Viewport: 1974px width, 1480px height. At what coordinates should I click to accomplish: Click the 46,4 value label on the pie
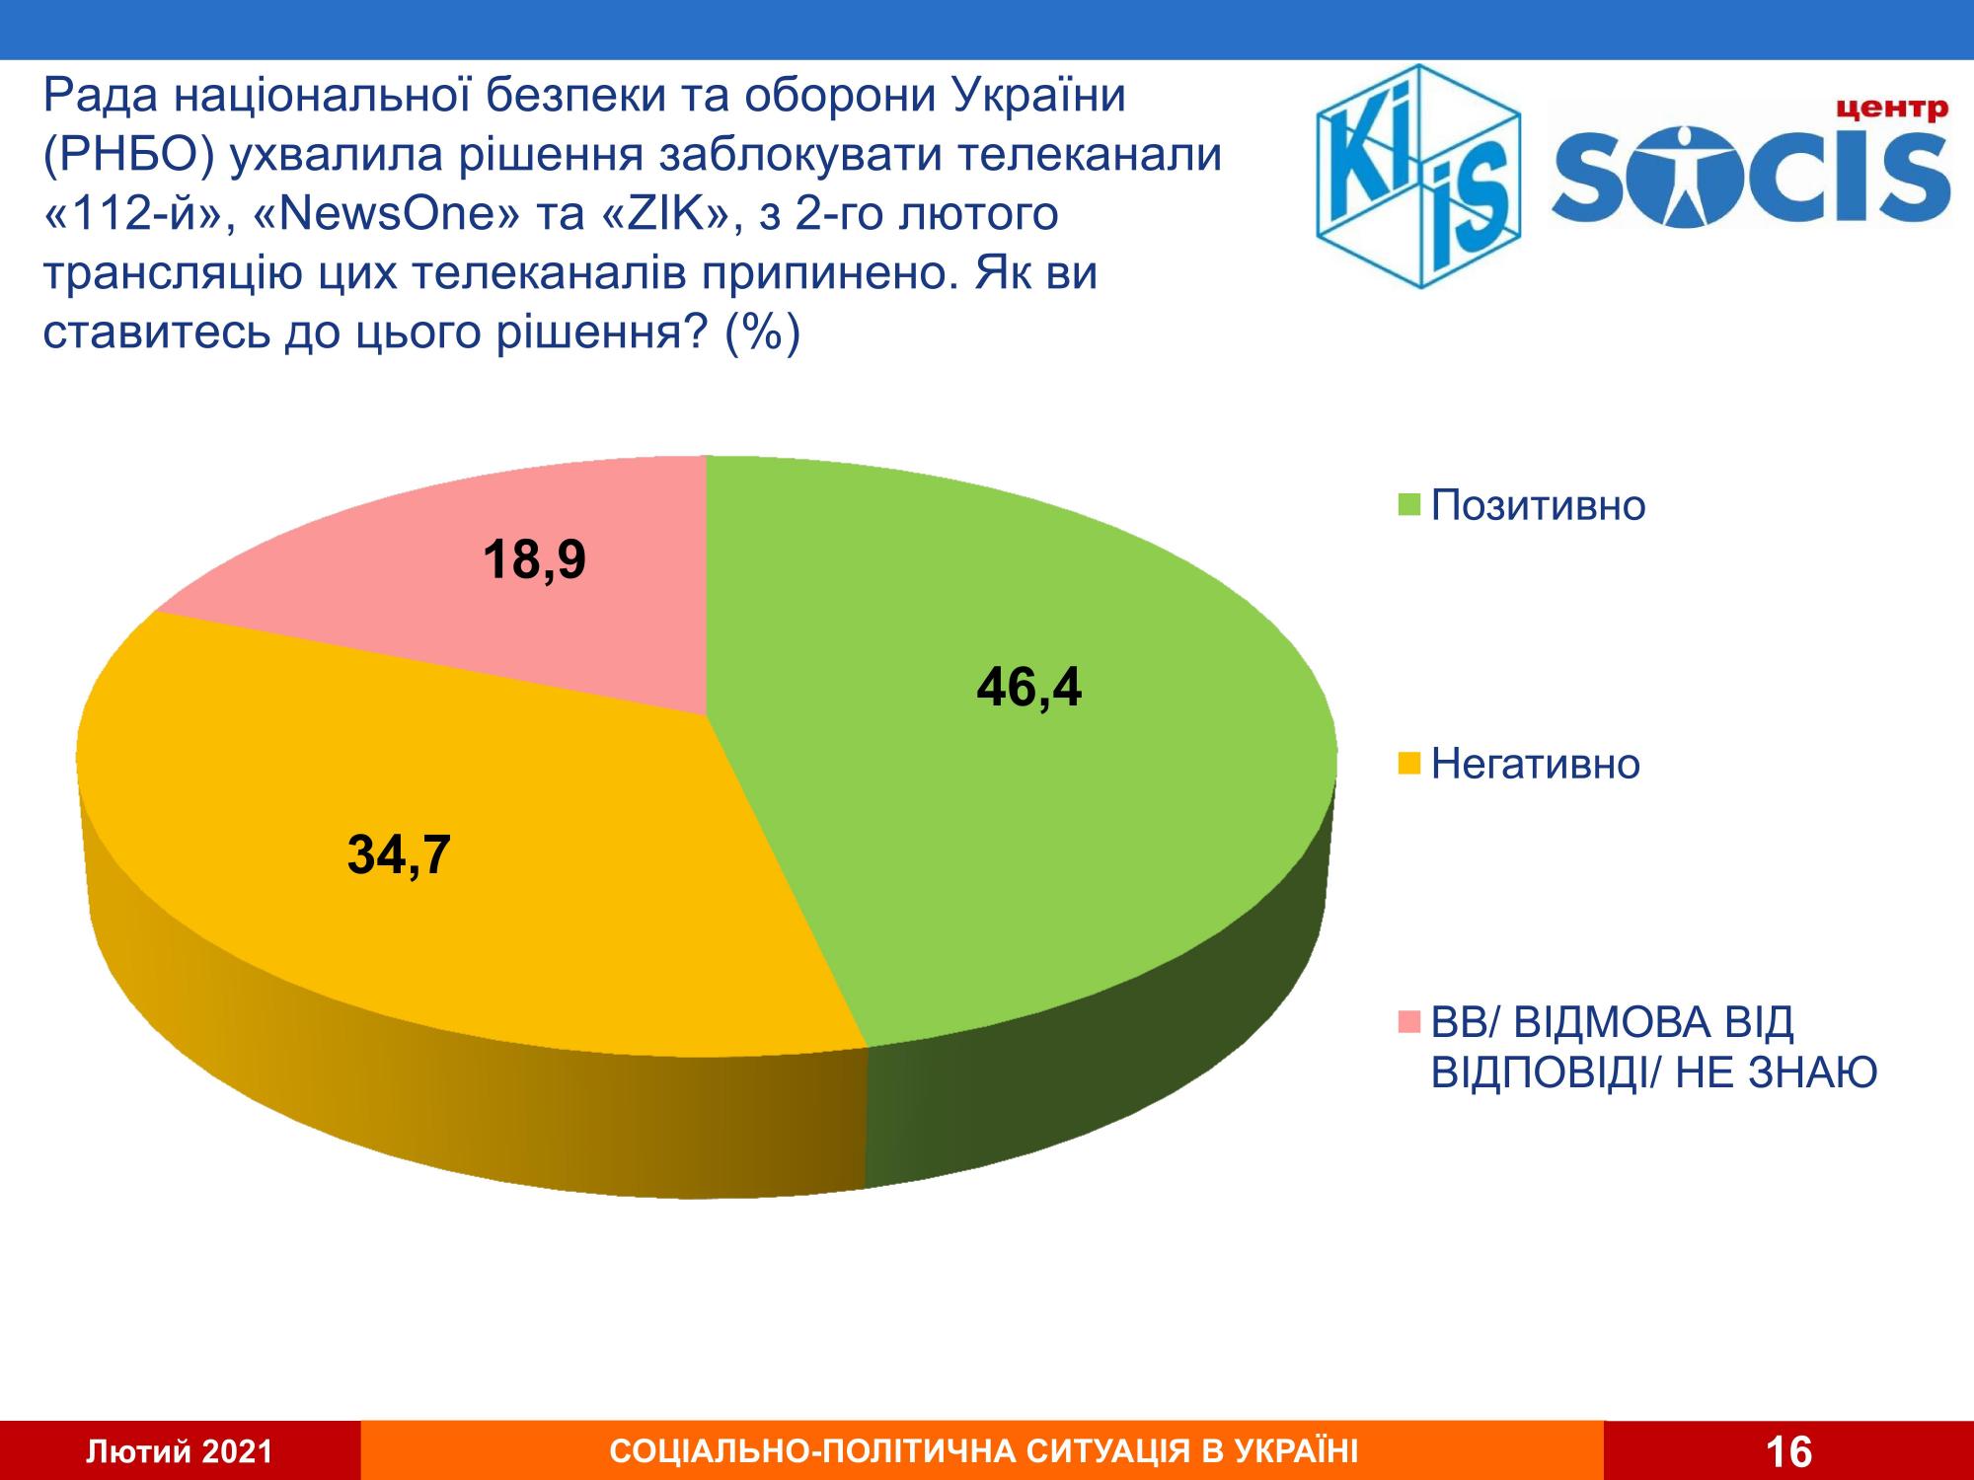pyautogui.click(x=1028, y=688)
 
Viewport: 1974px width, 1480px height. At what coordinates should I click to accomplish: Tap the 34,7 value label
pyautogui.click(x=399, y=855)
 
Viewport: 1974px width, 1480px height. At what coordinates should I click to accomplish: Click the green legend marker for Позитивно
pyautogui.click(x=1410, y=507)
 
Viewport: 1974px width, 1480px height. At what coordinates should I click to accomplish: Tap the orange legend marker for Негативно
pyautogui.click(x=1410, y=764)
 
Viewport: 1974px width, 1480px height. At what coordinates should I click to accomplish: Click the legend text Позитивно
pyautogui.click(x=1538, y=506)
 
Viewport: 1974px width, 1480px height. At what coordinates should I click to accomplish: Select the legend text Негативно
pyautogui.click(x=1535, y=763)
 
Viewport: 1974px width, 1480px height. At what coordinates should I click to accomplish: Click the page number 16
pyautogui.click(x=1787, y=1451)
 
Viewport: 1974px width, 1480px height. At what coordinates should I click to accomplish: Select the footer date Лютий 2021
pyautogui.click(x=180, y=1451)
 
